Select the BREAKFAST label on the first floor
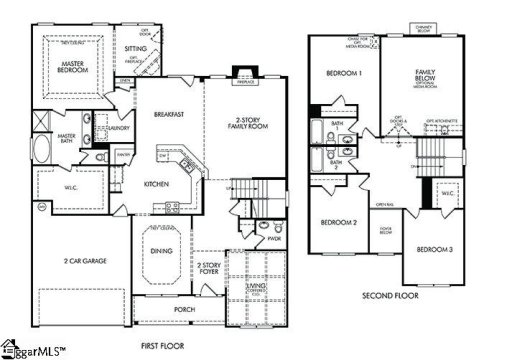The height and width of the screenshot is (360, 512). (169, 114)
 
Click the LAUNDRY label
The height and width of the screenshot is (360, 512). (118, 127)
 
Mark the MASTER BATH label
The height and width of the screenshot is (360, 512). (68, 138)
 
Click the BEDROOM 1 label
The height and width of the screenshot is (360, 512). (345, 75)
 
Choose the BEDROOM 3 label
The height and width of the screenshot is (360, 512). (435, 248)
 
